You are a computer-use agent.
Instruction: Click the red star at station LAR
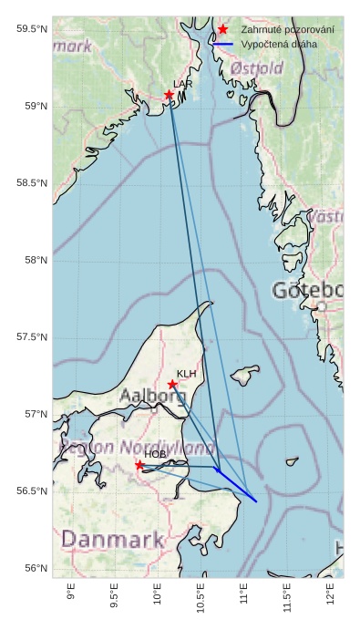tap(170, 95)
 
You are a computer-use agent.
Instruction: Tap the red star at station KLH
tap(172, 384)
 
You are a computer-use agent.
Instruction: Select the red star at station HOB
tap(139, 465)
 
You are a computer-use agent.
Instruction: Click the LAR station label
tap(183, 84)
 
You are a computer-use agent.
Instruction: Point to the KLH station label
tap(186, 374)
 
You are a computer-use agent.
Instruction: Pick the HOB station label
tap(155, 454)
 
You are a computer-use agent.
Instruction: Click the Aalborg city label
tap(153, 397)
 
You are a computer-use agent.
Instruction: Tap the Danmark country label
tap(106, 540)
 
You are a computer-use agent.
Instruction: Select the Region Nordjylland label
tap(137, 448)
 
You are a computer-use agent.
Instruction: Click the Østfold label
tap(258, 67)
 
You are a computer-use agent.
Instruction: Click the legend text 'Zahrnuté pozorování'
tap(287, 30)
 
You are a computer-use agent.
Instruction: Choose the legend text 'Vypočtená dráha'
tap(280, 44)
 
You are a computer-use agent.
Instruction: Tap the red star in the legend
tap(223, 30)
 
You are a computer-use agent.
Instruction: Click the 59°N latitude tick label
tap(32, 107)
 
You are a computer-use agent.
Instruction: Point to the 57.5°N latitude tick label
tap(32, 337)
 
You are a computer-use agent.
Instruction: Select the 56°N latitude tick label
tap(32, 568)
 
